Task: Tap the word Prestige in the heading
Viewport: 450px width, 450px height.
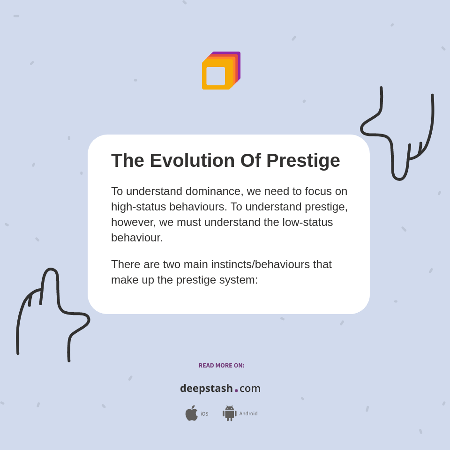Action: tap(303, 161)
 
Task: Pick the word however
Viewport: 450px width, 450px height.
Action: tap(133, 222)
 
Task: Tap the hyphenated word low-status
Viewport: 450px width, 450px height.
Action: tap(307, 222)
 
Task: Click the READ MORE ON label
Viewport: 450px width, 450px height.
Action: tap(221, 366)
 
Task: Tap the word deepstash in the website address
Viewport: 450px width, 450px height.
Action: tap(206, 389)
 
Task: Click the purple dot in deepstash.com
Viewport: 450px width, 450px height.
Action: tap(236, 390)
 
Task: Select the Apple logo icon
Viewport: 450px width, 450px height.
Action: tap(191, 413)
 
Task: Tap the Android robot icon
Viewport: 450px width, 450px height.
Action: tap(229, 413)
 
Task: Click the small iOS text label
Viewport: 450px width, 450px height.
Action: tap(204, 414)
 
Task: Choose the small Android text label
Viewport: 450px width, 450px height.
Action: tap(248, 414)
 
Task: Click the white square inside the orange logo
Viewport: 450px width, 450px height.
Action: tap(216, 76)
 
